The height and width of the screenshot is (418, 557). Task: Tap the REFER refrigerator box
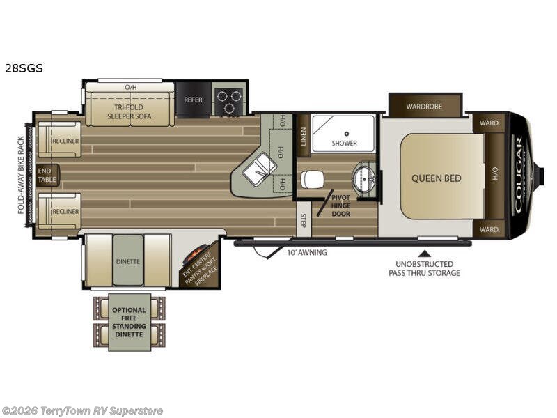tap(193, 100)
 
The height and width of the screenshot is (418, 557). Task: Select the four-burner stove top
tap(229, 100)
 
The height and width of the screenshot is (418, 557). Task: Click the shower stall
tap(344, 134)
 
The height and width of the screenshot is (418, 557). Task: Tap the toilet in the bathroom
tap(313, 180)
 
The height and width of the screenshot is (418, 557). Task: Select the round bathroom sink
tap(363, 180)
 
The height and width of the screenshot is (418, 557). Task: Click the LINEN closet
tap(303, 133)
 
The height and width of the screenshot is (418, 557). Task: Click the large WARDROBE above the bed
tap(425, 107)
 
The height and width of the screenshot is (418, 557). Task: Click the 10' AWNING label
tap(307, 252)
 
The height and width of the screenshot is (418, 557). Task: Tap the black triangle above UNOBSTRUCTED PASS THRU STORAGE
tap(424, 251)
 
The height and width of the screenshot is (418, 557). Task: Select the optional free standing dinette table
tap(130, 322)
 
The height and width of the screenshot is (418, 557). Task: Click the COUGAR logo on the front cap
tap(518, 174)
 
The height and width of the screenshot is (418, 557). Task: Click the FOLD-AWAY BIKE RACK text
tap(22, 175)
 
